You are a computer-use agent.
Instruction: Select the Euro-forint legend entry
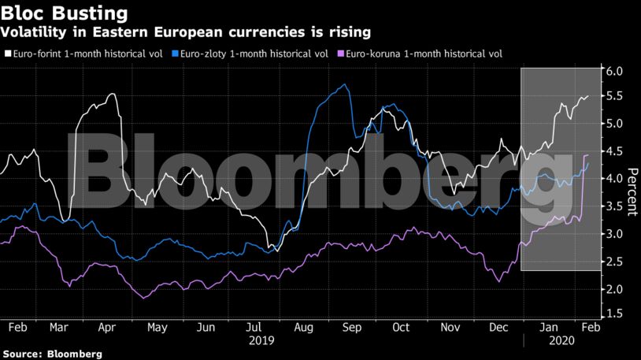pos(86,54)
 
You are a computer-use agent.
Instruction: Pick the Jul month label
pos(254,326)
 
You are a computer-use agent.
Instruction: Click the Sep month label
pos(351,326)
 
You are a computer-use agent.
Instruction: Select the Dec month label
pos(498,326)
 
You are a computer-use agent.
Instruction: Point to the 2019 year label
pos(261,340)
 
